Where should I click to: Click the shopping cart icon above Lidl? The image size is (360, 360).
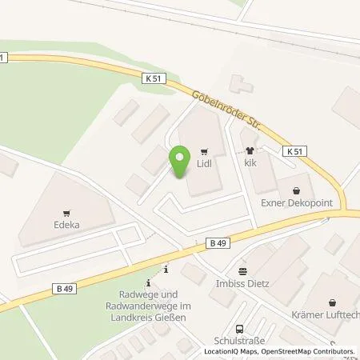tap(205, 150)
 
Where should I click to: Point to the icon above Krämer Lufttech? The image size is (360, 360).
tap(334, 302)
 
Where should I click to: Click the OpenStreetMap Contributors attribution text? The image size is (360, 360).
tap(309, 352)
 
